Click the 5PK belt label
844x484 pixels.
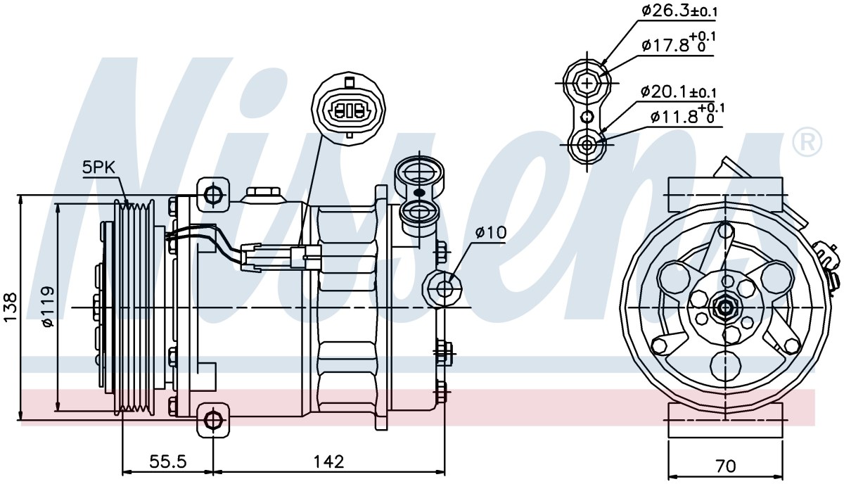pos(99,167)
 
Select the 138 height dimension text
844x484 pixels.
pos(11,307)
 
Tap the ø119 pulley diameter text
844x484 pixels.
pos(49,307)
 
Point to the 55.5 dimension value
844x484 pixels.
pos(168,461)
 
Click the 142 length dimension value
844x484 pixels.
pos(329,461)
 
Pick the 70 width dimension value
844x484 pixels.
pos(726,466)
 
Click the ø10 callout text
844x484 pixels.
pos(491,233)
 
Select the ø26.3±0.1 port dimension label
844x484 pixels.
pos(679,11)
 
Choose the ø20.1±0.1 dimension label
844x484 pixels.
pos(679,92)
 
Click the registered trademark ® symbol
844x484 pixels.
pos(807,141)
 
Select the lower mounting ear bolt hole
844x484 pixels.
pos(213,420)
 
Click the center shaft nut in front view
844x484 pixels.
pos(725,308)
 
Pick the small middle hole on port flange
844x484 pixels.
pos(587,117)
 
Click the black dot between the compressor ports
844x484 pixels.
pos(419,193)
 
